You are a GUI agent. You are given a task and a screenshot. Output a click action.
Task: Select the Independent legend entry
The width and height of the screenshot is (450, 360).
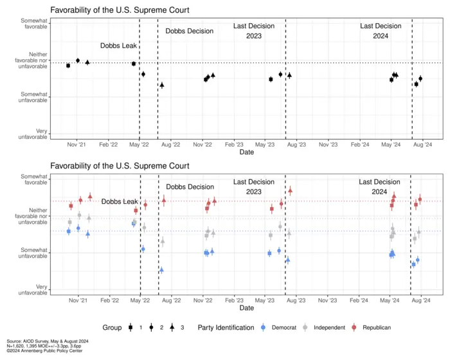click(328, 327)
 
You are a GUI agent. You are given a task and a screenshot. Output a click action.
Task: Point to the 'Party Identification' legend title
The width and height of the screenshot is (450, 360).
click(226, 327)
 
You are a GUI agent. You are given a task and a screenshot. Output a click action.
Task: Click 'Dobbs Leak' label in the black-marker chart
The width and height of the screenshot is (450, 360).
click(118, 46)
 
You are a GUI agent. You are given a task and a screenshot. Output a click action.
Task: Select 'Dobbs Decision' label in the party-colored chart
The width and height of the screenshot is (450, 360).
click(190, 186)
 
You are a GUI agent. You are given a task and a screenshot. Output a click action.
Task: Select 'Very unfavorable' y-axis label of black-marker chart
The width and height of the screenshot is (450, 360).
click(33, 134)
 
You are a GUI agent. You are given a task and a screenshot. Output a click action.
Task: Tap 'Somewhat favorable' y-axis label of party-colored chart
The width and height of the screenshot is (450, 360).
click(33, 179)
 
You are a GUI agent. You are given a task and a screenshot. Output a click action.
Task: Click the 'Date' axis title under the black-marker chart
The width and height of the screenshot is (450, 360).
click(246, 152)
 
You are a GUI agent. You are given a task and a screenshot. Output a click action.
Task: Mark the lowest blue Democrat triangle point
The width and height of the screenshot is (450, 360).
click(161, 270)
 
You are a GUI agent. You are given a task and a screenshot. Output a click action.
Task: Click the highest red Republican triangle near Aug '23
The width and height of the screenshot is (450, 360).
click(290, 190)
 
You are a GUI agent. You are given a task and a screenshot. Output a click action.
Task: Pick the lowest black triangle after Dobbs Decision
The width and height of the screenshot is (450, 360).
click(162, 85)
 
